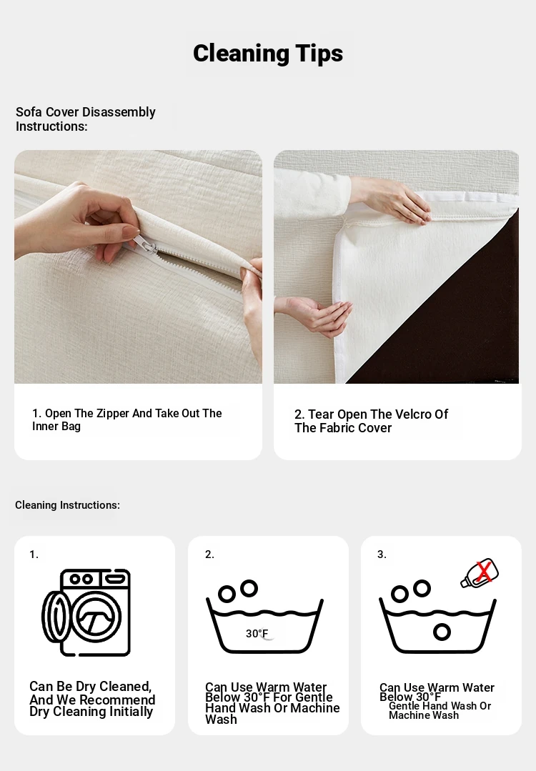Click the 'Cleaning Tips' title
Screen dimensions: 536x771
point(268,53)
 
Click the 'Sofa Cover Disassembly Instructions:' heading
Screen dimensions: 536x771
point(86,119)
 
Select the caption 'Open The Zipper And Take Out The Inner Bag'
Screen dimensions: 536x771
point(127,419)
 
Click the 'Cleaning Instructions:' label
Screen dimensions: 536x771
point(67,505)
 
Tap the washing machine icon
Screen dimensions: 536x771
point(86,612)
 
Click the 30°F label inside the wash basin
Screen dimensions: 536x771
point(257,633)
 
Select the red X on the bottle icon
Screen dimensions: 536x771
point(484,572)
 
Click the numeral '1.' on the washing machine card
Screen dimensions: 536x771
point(34,554)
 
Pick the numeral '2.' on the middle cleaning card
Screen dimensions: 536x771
point(209,554)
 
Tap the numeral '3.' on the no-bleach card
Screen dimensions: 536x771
point(382,554)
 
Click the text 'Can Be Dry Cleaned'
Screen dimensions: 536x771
point(90,687)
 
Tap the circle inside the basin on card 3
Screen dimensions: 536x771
point(442,632)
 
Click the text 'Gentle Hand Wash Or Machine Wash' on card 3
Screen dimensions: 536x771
point(440,710)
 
